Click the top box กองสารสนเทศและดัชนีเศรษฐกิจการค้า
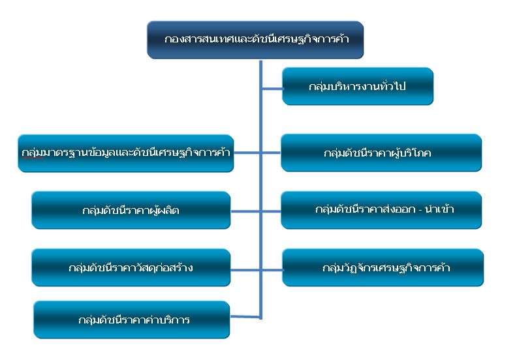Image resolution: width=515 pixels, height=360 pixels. coord(255,40)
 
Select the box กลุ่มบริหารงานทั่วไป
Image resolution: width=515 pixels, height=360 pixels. coord(358,86)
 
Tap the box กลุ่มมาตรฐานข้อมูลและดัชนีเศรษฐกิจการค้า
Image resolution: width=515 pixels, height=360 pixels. coord(126,153)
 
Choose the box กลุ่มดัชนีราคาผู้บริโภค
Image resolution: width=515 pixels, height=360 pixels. coord(381,153)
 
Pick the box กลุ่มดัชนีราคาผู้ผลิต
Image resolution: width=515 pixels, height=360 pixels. coord(131,210)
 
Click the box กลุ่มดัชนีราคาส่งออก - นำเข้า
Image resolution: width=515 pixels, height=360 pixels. coord(381,210)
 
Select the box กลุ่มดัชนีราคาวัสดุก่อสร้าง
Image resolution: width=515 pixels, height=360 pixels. coord(131,267)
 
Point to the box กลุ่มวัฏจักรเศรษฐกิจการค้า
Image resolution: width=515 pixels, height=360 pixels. coord(383,267)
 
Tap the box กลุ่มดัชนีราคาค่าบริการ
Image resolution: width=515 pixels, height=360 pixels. coord(132,320)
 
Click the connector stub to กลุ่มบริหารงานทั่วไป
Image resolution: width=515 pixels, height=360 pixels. coord(272,89)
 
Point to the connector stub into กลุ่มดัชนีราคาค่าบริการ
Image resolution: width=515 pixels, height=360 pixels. coord(245,317)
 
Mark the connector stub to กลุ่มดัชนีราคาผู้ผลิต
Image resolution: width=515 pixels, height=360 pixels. coord(245,212)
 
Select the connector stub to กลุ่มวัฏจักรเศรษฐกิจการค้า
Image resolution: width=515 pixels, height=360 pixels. coord(272,270)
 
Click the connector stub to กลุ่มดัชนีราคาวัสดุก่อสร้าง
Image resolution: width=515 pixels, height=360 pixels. coord(245,270)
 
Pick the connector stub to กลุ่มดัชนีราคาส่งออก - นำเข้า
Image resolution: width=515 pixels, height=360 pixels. coord(272,212)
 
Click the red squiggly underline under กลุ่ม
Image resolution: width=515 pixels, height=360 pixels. coord(32,158)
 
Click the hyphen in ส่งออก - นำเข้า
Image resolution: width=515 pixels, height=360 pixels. coord(420,210)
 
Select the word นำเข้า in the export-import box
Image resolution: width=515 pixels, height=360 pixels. coord(439,209)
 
